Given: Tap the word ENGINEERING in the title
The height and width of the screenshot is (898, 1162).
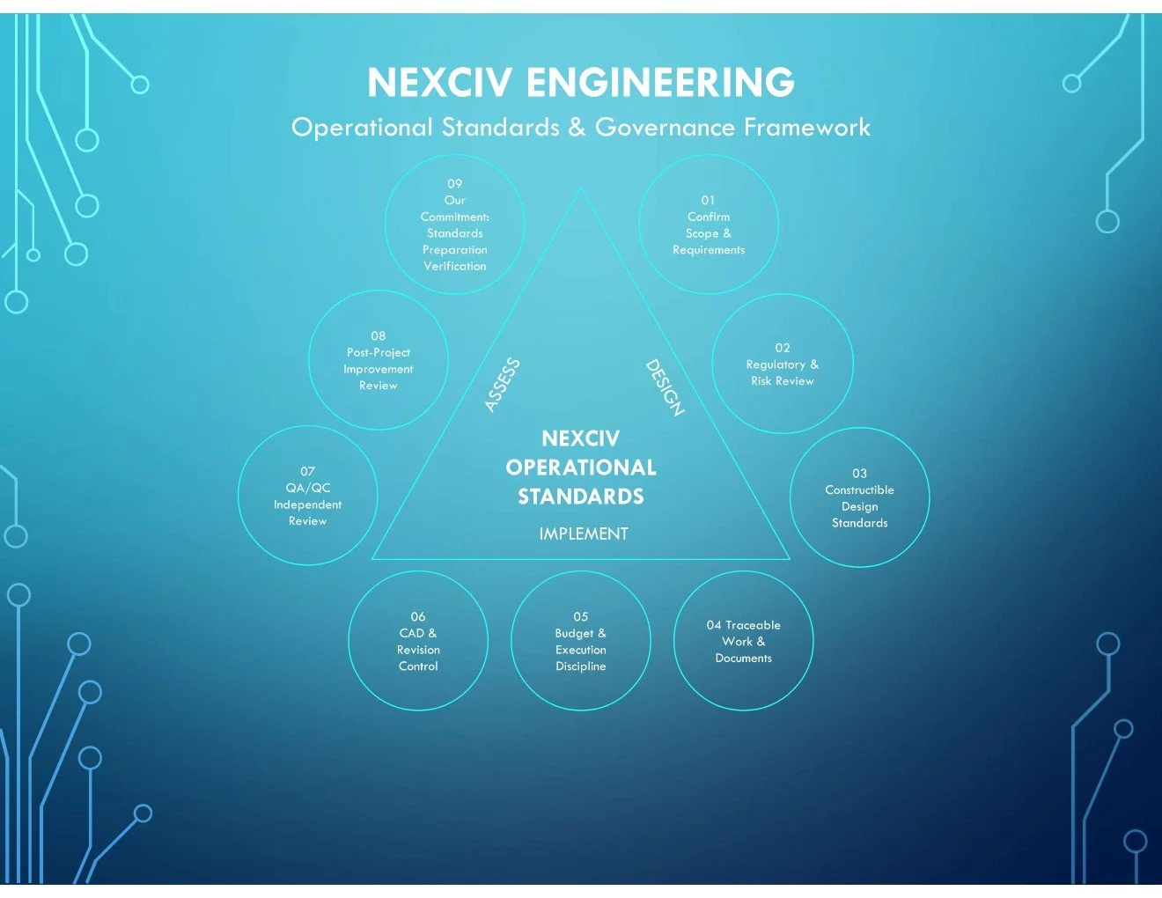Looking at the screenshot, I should [x=660, y=83].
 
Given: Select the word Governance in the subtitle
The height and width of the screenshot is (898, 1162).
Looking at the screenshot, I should [x=665, y=128].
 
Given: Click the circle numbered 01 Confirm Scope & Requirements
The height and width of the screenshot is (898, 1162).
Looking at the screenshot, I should [x=709, y=225].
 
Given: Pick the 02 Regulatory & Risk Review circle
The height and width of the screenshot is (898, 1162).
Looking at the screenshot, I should [x=782, y=364].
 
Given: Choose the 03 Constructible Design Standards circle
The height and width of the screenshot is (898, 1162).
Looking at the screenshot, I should [x=859, y=497].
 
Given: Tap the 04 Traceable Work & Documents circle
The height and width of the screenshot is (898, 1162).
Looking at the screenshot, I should [x=743, y=641].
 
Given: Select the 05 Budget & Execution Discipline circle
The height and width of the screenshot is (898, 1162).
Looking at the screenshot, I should [x=580, y=641].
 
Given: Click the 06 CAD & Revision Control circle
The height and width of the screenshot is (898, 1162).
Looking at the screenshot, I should [x=418, y=641].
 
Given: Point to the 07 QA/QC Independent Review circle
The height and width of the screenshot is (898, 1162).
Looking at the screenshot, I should [x=307, y=496].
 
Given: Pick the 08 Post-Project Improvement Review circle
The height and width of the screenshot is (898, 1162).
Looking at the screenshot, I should [x=379, y=360].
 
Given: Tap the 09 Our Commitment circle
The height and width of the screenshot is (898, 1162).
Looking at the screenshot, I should [x=454, y=224].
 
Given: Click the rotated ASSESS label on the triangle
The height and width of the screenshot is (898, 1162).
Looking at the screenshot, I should [x=503, y=385].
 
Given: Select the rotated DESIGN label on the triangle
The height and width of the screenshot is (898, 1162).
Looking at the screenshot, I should [x=665, y=387].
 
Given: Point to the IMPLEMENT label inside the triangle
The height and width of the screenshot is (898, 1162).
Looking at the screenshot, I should [x=584, y=534].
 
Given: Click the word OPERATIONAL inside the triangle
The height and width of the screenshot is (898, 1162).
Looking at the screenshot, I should [x=581, y=467].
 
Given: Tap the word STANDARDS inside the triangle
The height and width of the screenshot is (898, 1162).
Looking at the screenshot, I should [x=581, y=497].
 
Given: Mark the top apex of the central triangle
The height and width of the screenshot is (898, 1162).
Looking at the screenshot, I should [x=581, y=188].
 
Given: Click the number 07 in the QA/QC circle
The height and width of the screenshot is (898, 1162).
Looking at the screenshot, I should [x=307, y=471].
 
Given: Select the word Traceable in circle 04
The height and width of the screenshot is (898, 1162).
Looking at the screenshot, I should [x=753, y=625].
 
